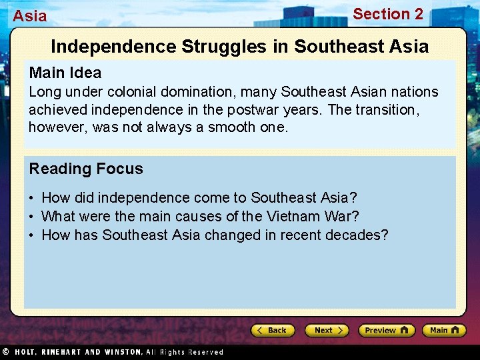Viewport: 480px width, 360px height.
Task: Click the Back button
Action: (273, 330)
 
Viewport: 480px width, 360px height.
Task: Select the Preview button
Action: (386, 330)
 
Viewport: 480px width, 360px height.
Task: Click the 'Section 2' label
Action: (387, 14)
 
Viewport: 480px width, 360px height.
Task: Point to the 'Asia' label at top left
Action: (30, 16)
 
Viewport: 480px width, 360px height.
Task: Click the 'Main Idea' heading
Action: (65, 73)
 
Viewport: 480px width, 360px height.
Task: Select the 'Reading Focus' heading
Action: (85, 169)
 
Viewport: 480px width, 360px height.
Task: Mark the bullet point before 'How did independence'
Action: (32, 199)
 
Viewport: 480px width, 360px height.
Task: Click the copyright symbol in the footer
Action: (4, 352)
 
